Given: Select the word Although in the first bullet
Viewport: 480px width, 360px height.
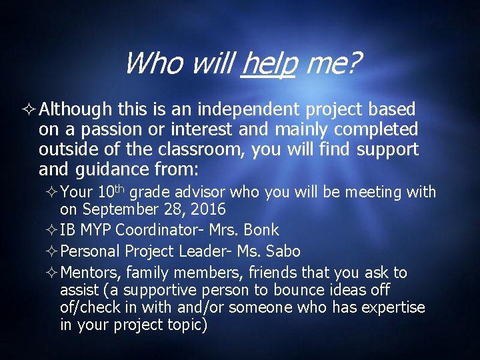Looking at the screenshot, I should (75, 109).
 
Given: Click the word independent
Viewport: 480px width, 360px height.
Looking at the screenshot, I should (239, 109).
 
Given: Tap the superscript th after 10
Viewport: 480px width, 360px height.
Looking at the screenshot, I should (119, 190).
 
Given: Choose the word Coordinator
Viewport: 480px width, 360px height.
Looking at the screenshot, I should (157, 231).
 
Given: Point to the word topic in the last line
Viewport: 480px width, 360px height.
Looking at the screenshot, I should (184, 325).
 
